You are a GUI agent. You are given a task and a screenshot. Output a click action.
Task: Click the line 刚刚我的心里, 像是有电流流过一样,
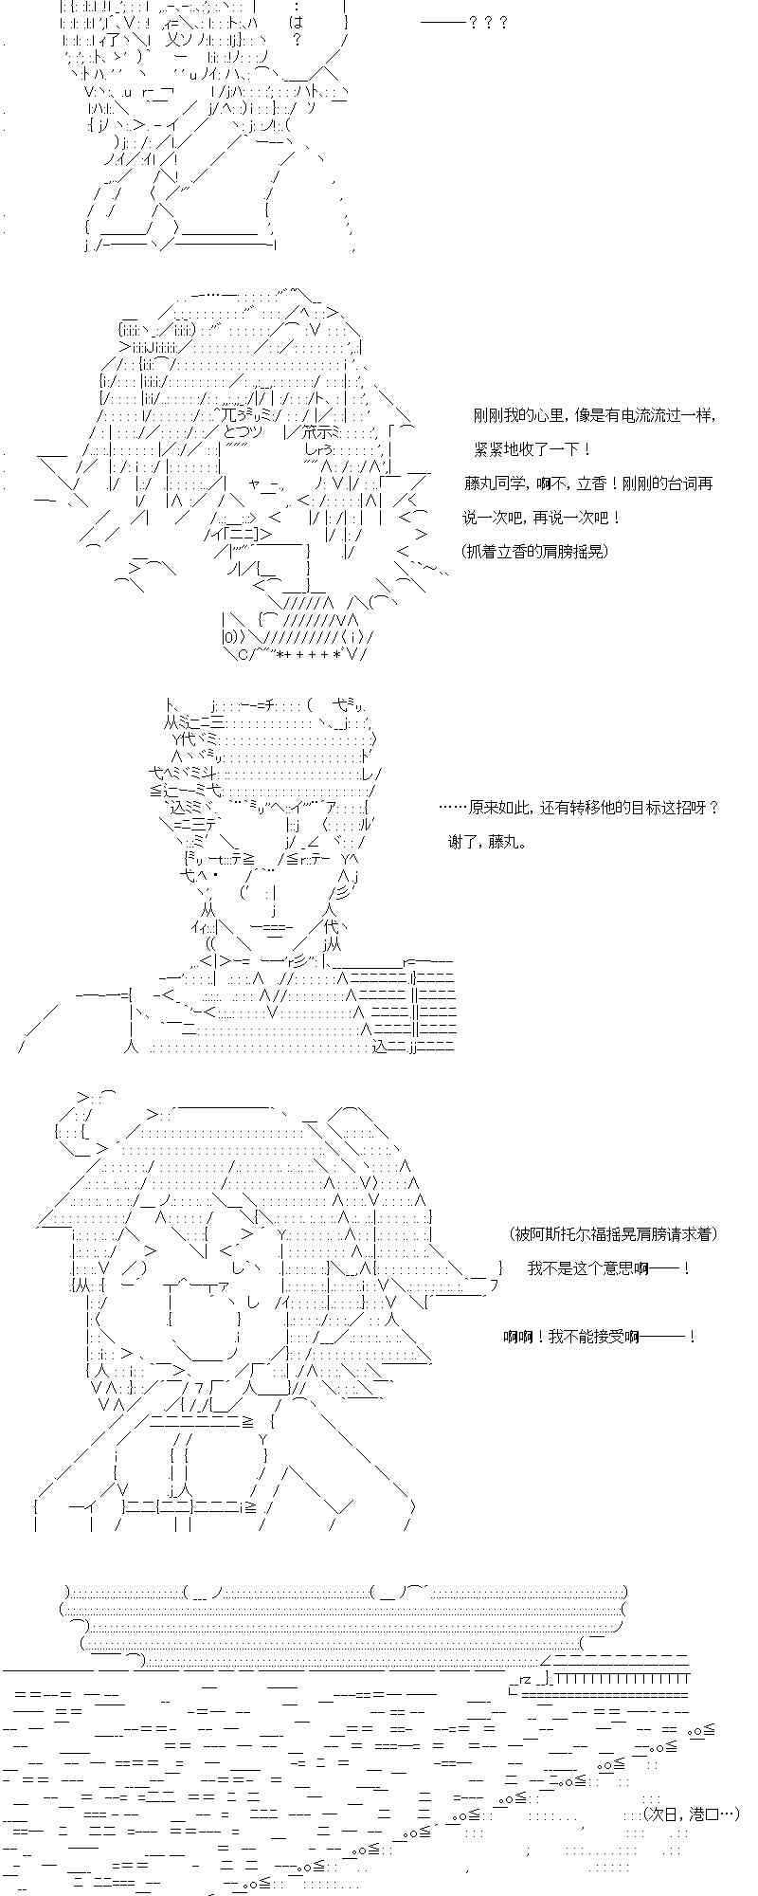[594, 415]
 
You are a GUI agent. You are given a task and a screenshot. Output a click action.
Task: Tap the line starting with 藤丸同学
[587, 483]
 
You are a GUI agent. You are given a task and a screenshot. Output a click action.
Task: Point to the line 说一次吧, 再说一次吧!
[542, 518]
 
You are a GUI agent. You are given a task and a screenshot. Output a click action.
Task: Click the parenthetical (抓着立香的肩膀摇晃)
[535, 552]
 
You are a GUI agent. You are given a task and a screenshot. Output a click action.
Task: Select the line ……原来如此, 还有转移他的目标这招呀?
[580, 808]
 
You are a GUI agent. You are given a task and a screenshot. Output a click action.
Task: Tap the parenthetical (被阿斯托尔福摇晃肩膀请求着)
[613, 1233]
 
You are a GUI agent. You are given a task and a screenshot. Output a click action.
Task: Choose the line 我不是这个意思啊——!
[608, 1268]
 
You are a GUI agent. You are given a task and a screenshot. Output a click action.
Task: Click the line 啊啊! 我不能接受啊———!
[600, 1337]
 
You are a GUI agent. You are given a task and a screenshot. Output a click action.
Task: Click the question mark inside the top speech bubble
[297, 40]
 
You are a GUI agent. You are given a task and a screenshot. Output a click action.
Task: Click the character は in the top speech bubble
[297, 21]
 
